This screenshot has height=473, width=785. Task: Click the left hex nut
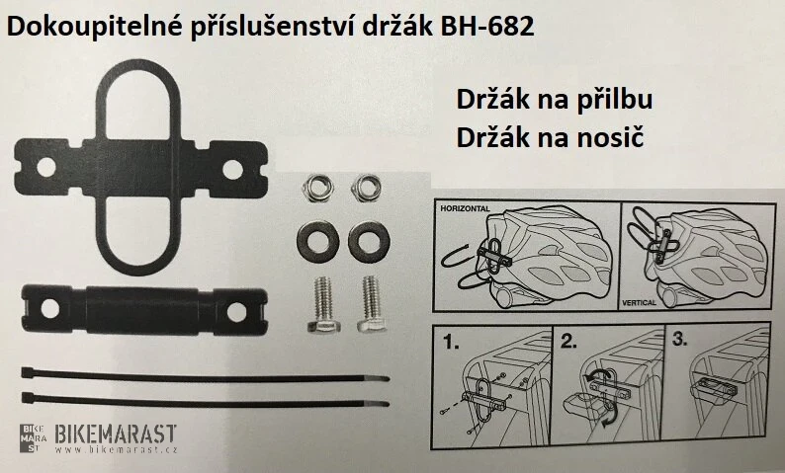[318, 188]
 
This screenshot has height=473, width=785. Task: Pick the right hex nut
[366, 188]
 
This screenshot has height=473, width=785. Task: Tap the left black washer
[318, 242]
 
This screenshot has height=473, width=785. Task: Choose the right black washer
[369, 242]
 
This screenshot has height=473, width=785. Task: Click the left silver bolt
[323, 305]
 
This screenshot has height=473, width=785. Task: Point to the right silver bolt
[372, 304]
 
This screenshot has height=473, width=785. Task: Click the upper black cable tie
[206, 376]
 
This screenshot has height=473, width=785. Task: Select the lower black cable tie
[206, 401]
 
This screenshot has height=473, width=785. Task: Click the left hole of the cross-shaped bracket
[46, 167]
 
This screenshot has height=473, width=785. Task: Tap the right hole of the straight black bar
[236, 312]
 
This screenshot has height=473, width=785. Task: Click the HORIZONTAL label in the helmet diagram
[465, 208]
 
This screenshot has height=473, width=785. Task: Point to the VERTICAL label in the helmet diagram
[639, 303]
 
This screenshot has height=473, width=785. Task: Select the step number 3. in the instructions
[679, 339]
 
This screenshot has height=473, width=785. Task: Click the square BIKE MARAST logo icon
[33, 438]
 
